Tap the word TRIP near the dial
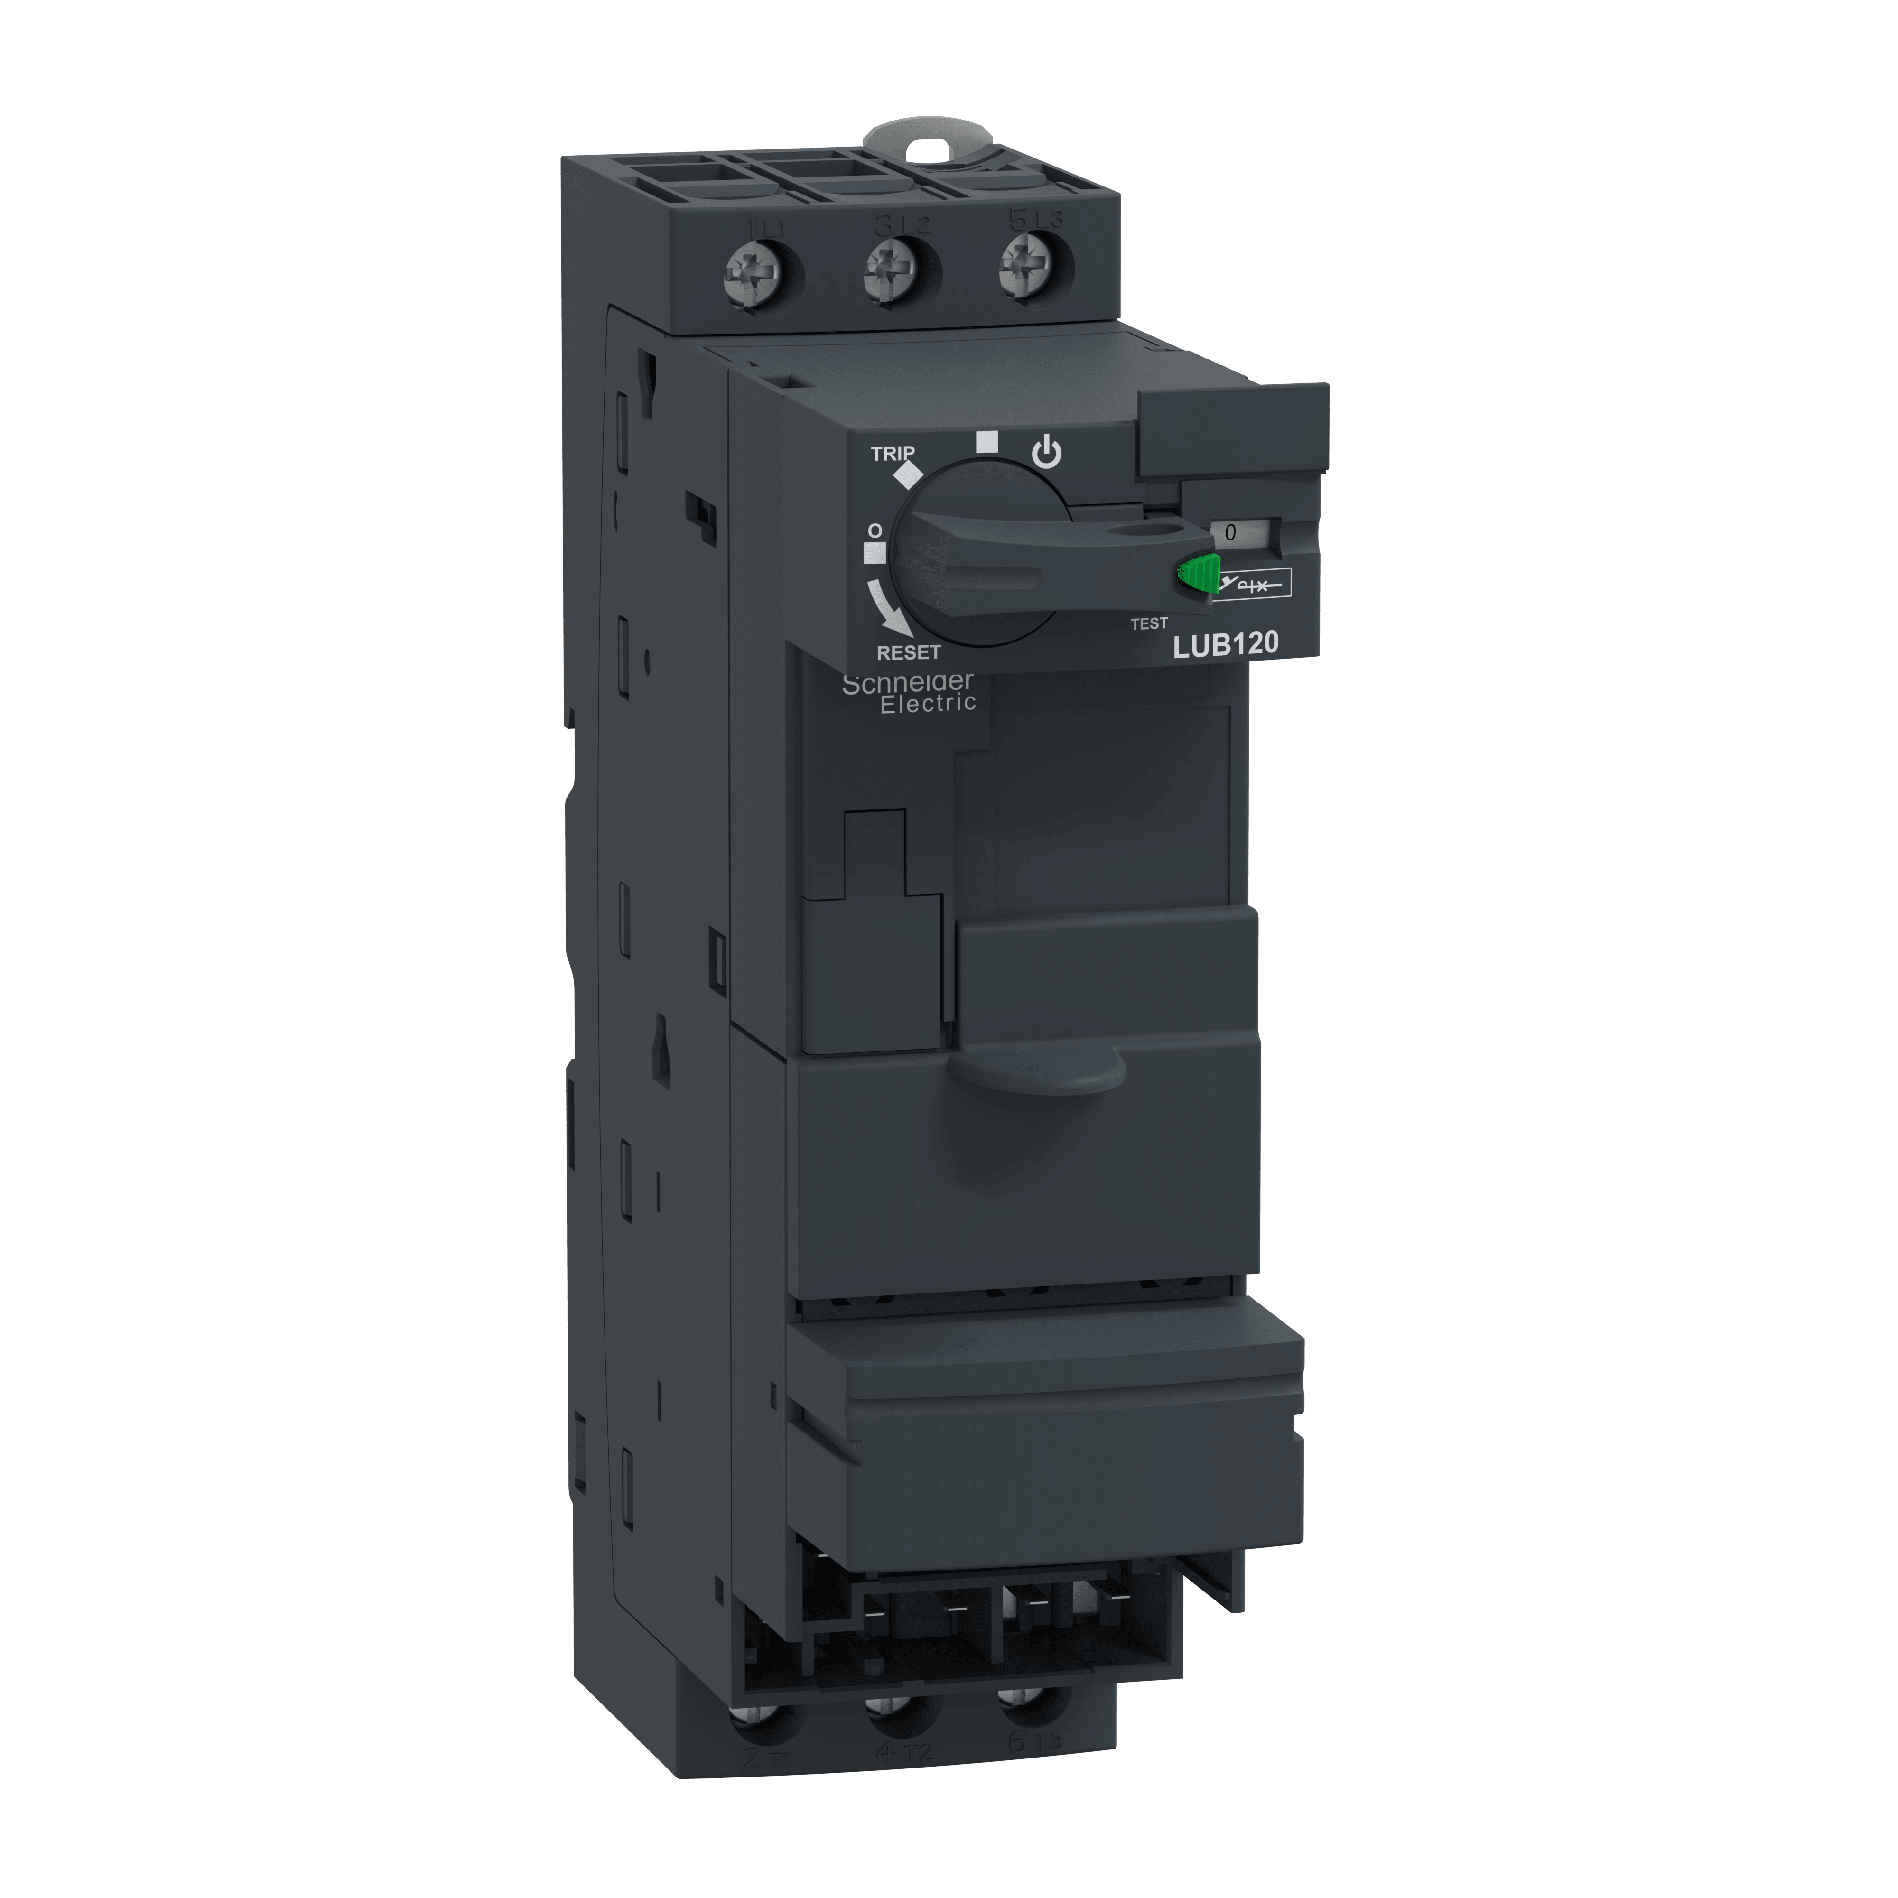point(892,454)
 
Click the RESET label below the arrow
point(909,652)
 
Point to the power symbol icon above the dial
point(1046,454)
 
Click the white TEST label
point(1148,623)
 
